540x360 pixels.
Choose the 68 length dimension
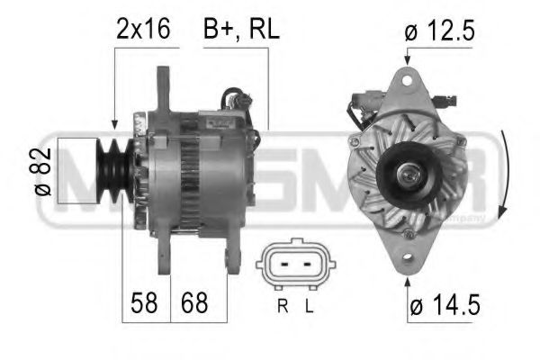[x=192, y=303]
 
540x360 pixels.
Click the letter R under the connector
[x=283, y=307]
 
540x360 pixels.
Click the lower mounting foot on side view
[x=231, y=257]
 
